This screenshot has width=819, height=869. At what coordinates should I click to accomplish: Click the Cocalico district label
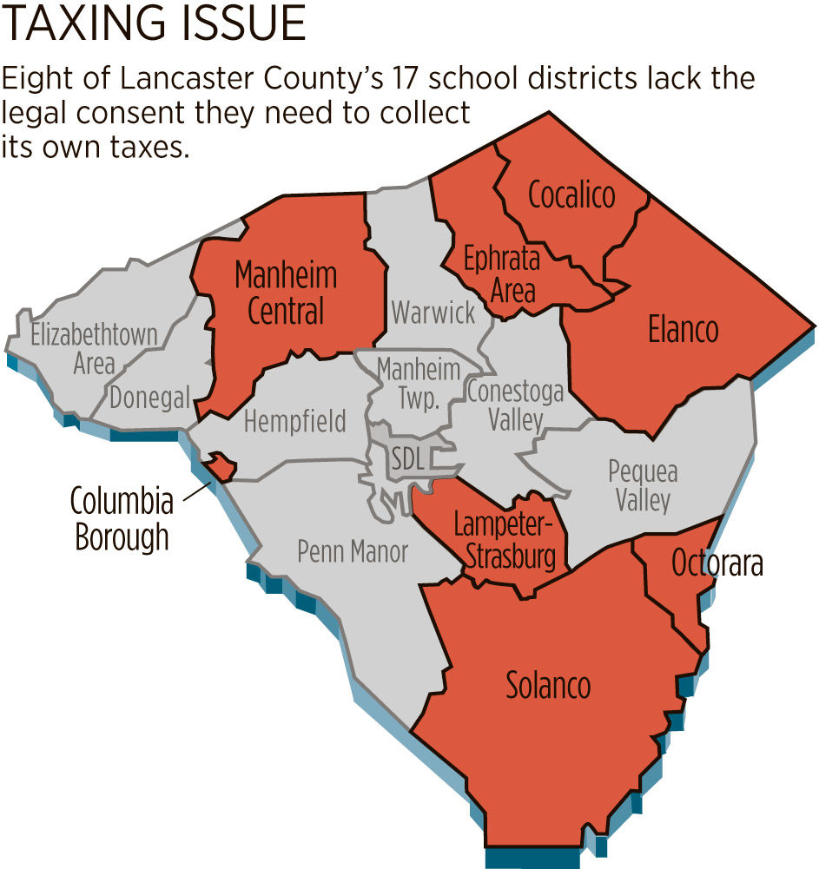point(571,195)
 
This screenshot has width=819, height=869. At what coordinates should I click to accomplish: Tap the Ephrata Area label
point(502,273)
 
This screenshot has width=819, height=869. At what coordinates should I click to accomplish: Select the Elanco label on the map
point(684,329)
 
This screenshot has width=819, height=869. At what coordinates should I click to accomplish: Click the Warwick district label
point(433,312)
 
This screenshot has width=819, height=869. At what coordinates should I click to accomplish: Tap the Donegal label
point(149,398)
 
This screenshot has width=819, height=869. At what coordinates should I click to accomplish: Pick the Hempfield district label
point(294,422)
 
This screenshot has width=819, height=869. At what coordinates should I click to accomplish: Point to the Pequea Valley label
point(643,486)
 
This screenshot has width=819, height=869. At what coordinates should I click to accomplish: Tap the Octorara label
point(717,564)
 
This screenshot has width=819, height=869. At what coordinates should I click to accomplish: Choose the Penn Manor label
point(352,551)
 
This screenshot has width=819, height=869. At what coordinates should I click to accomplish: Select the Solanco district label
point(548,686)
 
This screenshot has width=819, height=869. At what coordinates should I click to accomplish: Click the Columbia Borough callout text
point(121,519)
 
